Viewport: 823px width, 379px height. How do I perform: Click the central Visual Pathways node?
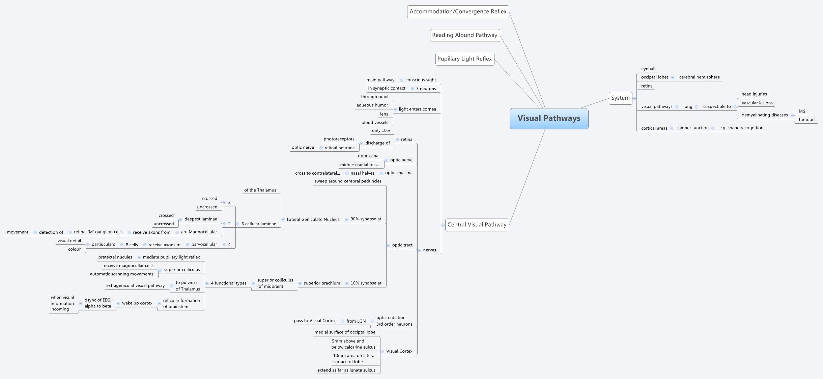[x=549, y=119]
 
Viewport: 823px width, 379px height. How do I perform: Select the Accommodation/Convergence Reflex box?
[x=458, y=12]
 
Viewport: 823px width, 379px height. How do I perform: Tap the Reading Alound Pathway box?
[x=464, y=35]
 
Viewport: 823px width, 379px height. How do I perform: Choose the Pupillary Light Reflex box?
[x=464, y=59]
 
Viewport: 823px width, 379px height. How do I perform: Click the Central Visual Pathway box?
[x=477, y=225]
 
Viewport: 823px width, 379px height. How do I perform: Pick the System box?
[x=620, y=98]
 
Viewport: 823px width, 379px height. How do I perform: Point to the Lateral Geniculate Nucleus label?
[x=313, y=220]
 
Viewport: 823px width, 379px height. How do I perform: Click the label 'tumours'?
[x=807, y=120]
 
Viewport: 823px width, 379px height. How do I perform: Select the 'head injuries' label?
[x=754, y=94]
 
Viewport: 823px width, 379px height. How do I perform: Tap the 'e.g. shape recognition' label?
[x=741, y=128]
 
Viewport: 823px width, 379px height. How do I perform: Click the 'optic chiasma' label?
[x=399, y=173]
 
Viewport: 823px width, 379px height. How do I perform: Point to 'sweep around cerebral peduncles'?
[x=348, y=181]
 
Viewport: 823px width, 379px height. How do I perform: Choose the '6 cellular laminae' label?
[x=258, y=224]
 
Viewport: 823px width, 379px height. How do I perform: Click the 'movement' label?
[x=18, y=232]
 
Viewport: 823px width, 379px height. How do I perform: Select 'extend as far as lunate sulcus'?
[x=346, y=370]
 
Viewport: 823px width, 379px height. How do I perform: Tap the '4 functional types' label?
[x=228, y=283]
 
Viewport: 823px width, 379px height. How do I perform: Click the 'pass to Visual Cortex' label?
[x=314, y=321]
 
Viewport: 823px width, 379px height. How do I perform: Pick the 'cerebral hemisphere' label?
[x=699, y=77]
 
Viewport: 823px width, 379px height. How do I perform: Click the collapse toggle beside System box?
[x=634, y=98]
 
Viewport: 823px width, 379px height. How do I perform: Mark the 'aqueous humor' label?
[x=372, y=105]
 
